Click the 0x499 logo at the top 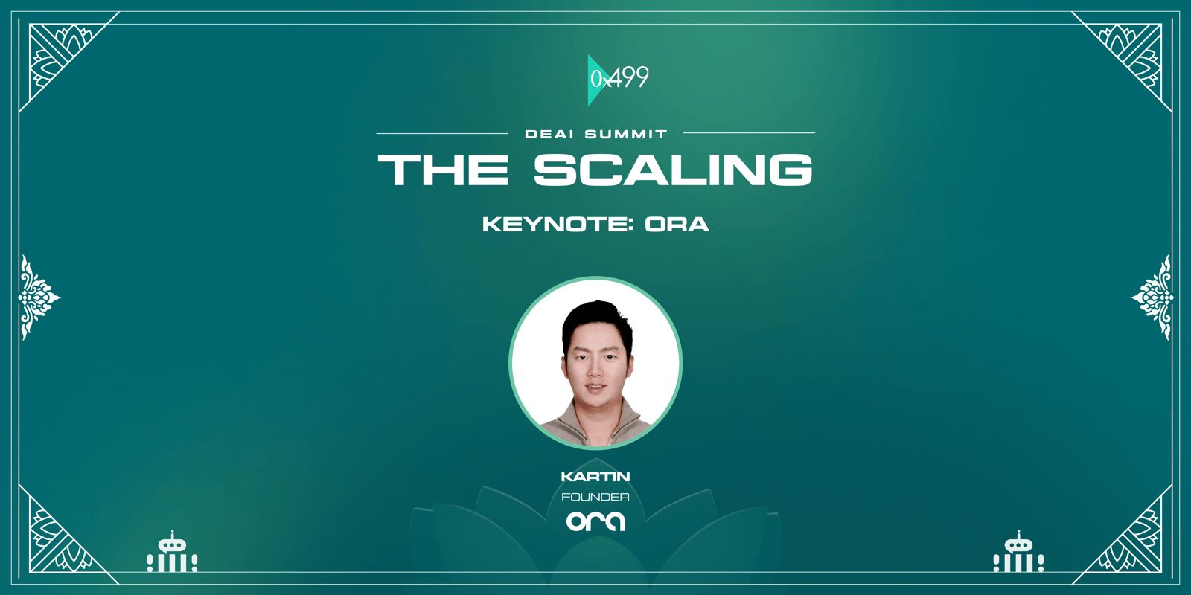619,80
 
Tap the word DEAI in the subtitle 549,135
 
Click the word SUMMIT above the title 626,135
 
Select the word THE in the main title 443,170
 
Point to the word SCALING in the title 673,170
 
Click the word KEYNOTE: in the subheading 558,224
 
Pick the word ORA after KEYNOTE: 677,224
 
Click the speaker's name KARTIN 595,477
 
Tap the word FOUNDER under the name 595,498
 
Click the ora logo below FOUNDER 595,521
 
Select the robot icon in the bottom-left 172,553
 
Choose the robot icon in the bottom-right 1018,553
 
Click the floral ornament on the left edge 38,297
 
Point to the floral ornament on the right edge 1152,297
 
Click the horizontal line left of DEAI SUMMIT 442,133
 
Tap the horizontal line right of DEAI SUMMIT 749,133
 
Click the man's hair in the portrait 595,318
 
